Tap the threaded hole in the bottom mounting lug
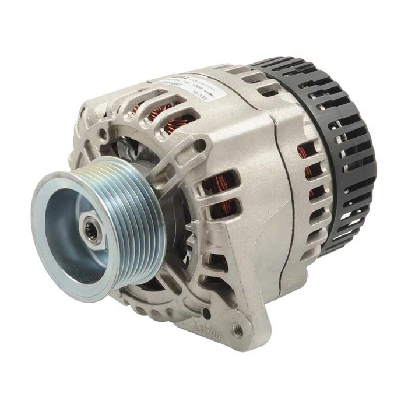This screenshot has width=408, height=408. pos(236,330)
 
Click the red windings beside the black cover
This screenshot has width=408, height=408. pos(309,169)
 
